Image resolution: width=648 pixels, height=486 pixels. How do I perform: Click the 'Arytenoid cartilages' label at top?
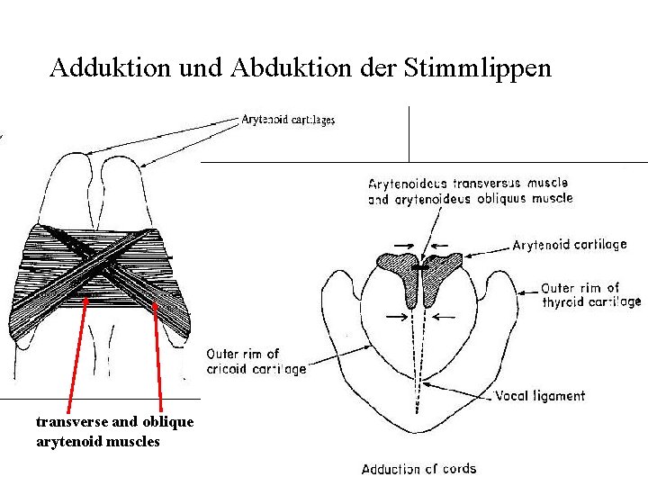coord(288,120)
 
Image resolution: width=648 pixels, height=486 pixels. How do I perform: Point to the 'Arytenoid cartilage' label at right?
coord(569,245)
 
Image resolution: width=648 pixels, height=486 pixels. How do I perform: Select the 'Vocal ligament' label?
coord(540,396)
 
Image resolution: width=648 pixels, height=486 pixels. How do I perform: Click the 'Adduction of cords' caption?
coord(418,469)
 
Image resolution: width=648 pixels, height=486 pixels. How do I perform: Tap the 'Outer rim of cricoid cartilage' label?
coord(256,362)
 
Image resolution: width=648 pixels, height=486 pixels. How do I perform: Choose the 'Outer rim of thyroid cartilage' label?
coord(590,295)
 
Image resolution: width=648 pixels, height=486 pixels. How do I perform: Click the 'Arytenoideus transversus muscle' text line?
coord(468,184)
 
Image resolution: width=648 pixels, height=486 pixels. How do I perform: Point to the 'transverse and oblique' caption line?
coord(114,422)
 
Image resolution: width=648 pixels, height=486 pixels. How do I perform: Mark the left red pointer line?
coord(77,351)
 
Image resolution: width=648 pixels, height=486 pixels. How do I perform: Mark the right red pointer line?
coord(158,351)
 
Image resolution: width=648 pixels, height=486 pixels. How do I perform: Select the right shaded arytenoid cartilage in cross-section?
coord(439,270)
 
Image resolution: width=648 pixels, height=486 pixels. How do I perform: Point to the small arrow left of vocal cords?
coord(393,317)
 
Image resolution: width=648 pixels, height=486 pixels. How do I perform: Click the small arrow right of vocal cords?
coord(443,317)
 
